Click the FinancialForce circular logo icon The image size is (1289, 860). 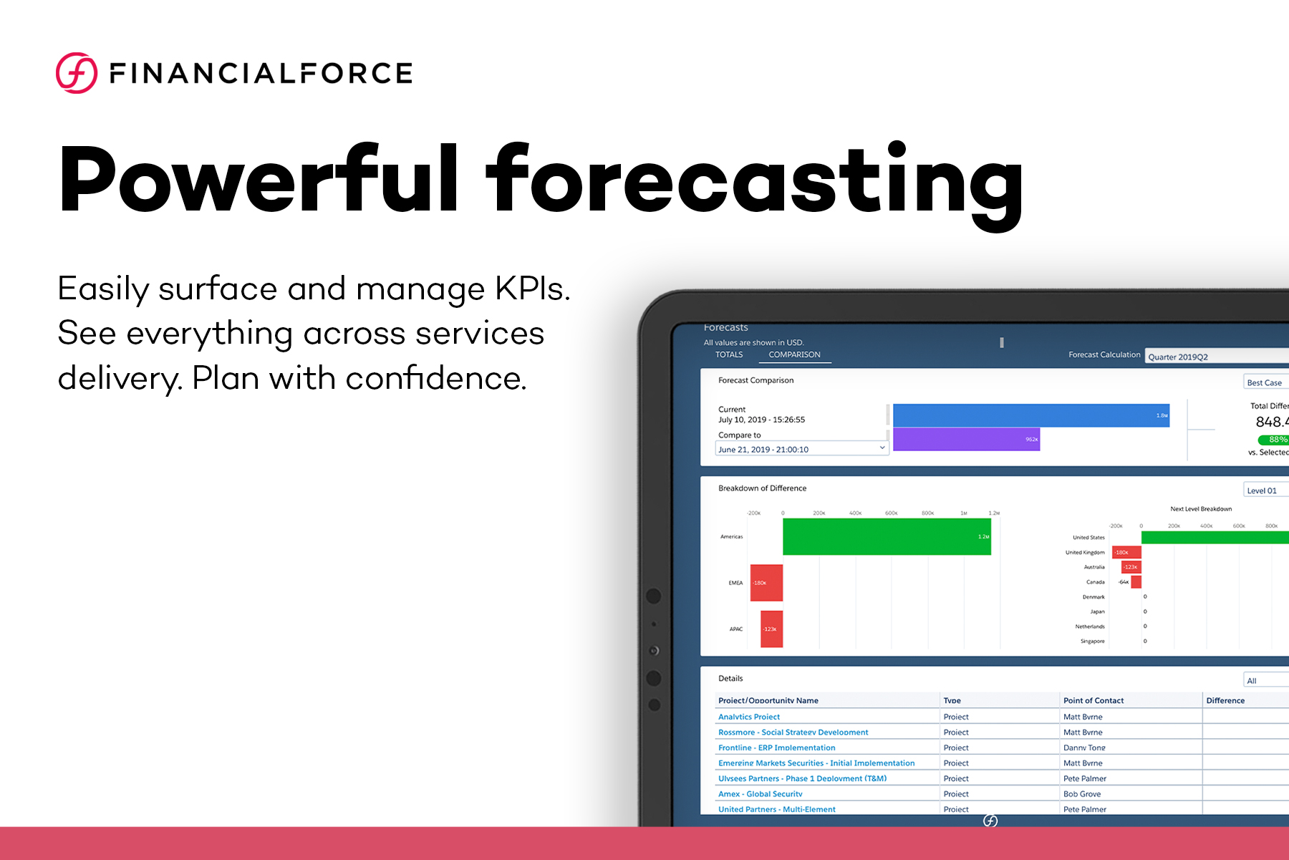77,73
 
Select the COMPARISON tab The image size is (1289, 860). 794,354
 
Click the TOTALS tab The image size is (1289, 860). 729,354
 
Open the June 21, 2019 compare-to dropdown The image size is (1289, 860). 802,449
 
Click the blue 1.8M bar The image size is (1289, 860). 1030,415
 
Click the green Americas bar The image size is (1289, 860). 887,536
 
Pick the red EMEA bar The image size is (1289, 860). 766,582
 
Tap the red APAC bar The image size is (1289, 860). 771,629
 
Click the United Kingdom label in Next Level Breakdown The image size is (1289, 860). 1084,552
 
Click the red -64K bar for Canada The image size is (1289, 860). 1136,582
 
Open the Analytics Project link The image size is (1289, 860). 749,717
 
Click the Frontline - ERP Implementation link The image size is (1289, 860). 776,748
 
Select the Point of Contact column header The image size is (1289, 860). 1093,700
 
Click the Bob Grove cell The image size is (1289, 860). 1081,794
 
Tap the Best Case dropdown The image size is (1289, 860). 1266,382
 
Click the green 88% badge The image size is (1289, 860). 1274,440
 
